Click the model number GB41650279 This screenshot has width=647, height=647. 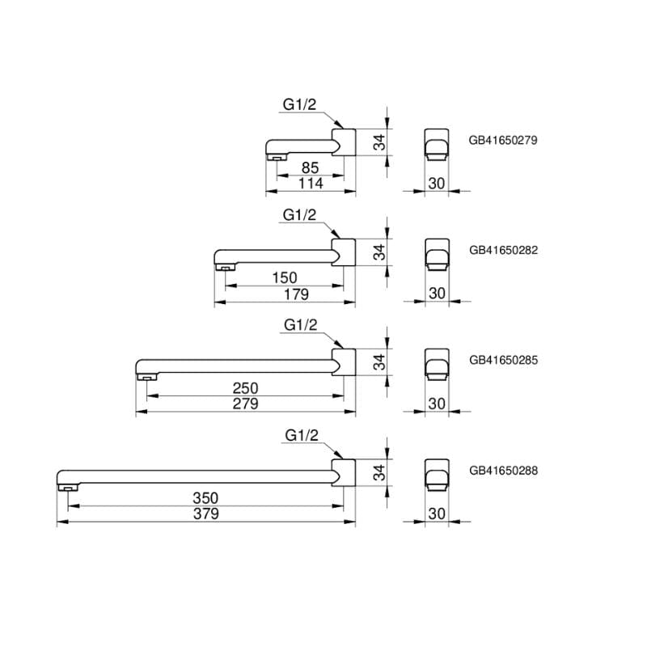(x=503, y=139)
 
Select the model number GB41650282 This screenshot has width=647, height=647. (x=503, y=250)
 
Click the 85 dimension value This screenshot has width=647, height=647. (x=311, y=168)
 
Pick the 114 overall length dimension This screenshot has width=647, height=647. (x=311, y=184)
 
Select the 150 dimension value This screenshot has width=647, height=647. (x=285, y=278)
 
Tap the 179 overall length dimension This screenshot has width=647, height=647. (x=297, y=294)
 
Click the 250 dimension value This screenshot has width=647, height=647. (x=245, y=388)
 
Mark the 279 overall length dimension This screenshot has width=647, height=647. (x=245, y=404)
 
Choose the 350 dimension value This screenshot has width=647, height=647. (x=205, y=498)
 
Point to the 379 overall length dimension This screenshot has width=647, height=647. (x=205, y=514)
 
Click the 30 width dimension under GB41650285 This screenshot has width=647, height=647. (x=437, y=404)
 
